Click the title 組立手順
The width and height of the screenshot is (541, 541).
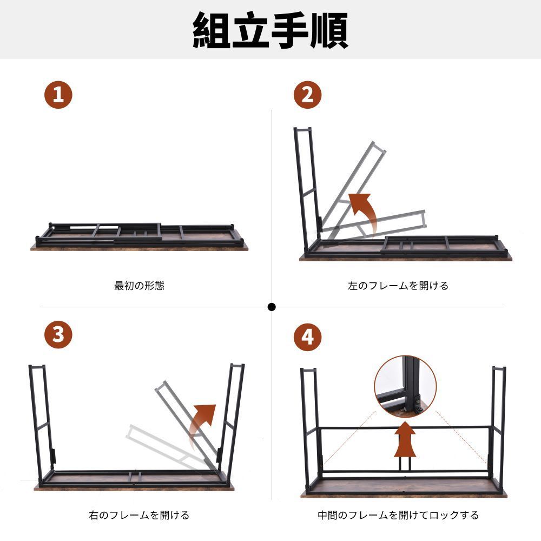pos(270,30)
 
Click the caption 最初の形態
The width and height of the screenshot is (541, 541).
pos(139,286)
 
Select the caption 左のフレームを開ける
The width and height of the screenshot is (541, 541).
pos(398,286)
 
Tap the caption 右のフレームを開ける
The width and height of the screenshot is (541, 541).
pos(139,515)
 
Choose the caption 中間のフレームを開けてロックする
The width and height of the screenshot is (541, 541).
pos(398,515)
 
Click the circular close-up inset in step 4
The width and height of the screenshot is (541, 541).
pos(405,385)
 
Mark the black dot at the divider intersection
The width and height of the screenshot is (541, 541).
pos(272,307)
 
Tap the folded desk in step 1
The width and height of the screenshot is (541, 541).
pos(139,237)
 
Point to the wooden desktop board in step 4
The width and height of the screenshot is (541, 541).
pos(403,488)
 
